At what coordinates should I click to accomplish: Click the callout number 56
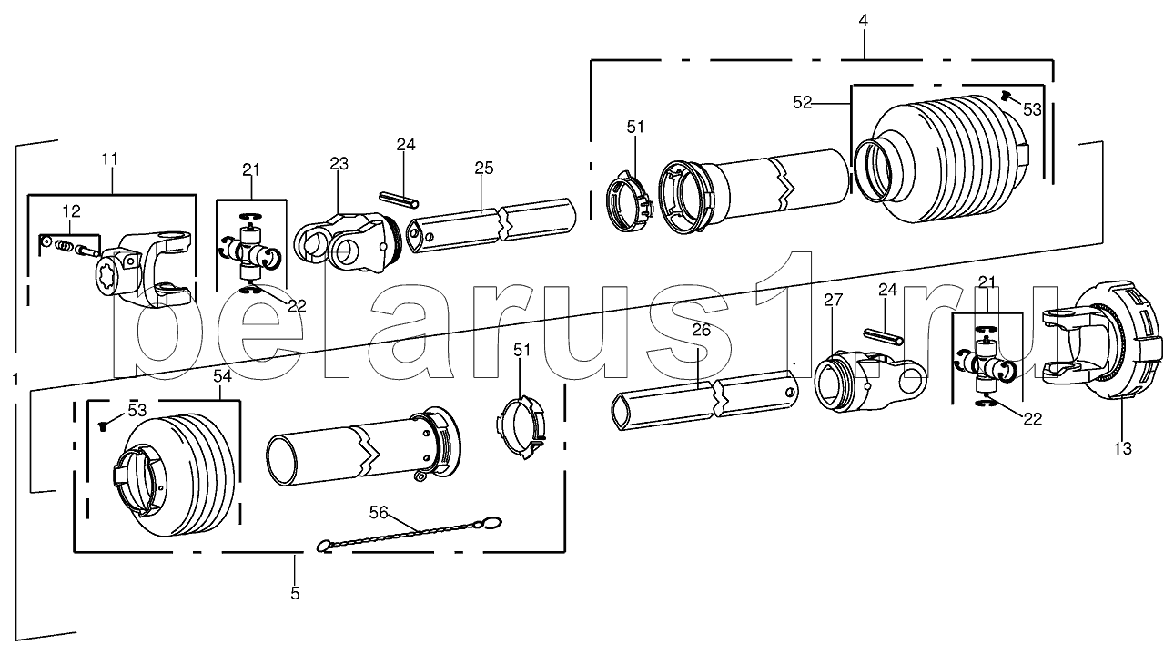point(379,512)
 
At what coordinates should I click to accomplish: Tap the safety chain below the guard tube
point(410,534)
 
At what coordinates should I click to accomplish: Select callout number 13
point(1123,449)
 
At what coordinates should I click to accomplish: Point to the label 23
point(339,164)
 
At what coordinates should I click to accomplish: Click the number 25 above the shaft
point(484,168)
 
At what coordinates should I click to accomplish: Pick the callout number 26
point(702,330)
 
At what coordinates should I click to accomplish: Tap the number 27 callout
point(833,301)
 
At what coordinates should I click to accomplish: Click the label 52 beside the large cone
point(803,103)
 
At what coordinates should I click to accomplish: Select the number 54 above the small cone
point(222,376)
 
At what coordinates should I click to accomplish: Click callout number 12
point(71,211)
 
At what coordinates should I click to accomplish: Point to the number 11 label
point(109,159)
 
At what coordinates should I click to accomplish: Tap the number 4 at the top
point(863,20)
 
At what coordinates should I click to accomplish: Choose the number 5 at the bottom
point(295,594)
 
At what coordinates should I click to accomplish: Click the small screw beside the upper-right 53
point(1005,95)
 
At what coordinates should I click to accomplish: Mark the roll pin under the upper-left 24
point(400,200)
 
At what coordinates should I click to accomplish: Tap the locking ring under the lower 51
point(521,428)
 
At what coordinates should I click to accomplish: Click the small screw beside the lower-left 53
point(103,427)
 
